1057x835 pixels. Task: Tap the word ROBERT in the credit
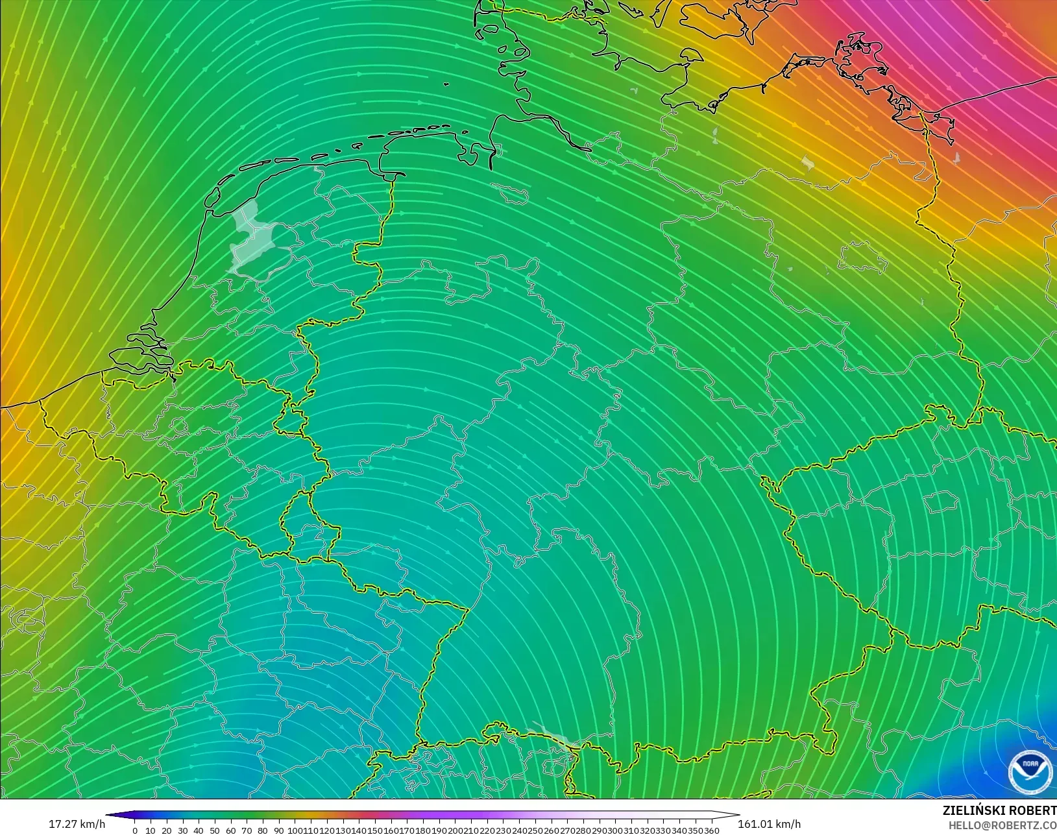[1034, 810]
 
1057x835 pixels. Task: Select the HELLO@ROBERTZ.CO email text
[1002, 825]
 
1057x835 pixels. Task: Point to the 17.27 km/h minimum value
[77, 824]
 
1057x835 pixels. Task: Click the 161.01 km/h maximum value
[769, 824]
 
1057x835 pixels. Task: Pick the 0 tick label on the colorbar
[135, 830]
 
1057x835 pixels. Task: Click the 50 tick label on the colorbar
[215, 830]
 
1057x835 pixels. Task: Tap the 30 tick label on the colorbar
[183, 830]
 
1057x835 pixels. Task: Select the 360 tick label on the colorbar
[711, 830]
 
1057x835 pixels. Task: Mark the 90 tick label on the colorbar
[279, 830]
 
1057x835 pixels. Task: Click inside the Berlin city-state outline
[863, 256]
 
